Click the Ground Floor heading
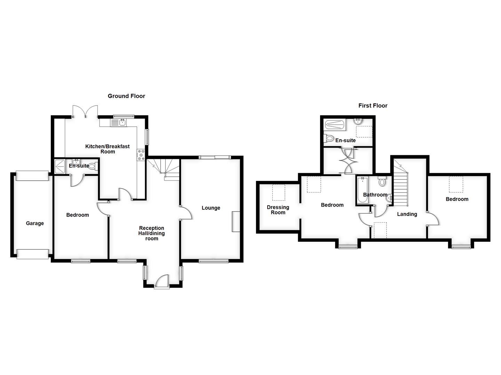[126, 96]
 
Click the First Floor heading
[373, 106]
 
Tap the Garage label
[35, 223]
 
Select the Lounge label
[211, 208]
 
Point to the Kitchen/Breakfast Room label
[108, 149]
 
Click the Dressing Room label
[278, 210]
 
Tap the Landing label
[407, 214]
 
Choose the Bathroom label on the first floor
[375, 194]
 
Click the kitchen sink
[122, 122]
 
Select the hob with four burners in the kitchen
[141, 155]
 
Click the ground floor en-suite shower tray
[60, 166]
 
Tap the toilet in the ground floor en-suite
[94, 166]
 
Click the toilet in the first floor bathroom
[382, 181]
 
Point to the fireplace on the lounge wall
[236, 221]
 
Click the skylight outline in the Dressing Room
[278, 192]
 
